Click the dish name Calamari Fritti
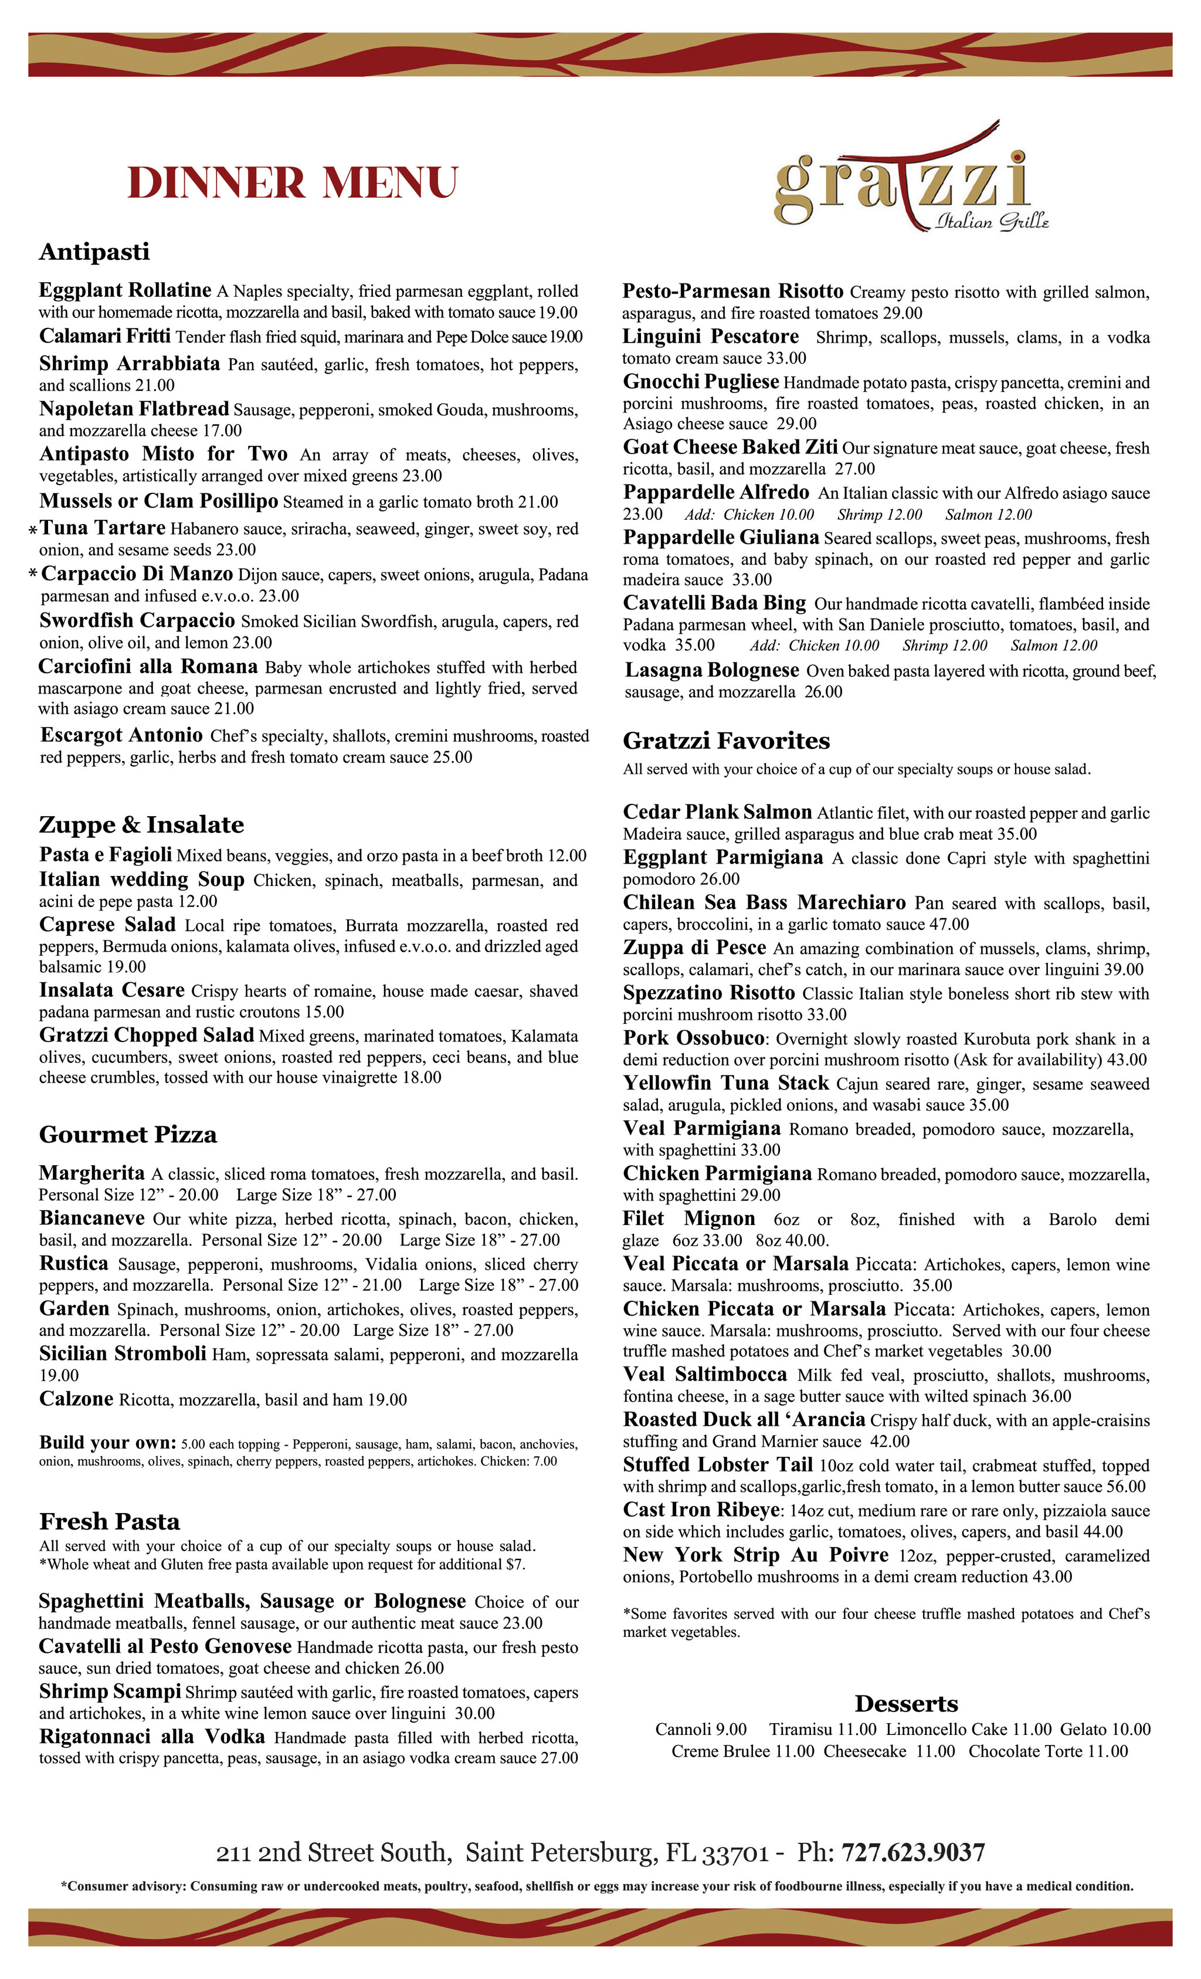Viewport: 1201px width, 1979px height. (x=104, y=336)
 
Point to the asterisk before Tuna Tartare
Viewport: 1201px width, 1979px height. (x=33, y=530)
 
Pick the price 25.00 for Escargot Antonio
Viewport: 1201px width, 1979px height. (x=452, y=757)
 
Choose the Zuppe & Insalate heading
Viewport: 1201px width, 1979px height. (x=141, y=825)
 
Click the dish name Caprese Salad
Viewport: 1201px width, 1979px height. (x=107, y=925)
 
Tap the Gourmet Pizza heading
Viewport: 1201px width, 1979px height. (x=128, y=1135)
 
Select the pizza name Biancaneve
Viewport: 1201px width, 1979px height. (x=91, y=1217)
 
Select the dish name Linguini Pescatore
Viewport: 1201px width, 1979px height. (x=711, y=337)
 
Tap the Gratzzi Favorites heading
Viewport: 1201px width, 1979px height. (x=726, y=740)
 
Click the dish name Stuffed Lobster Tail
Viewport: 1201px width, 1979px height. (x=718, y=1465)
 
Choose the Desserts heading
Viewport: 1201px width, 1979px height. (x=905, y=1703)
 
